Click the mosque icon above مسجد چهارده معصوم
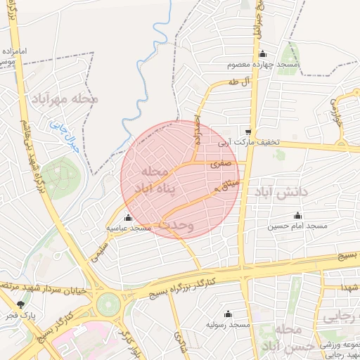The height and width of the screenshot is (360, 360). click(263, 55)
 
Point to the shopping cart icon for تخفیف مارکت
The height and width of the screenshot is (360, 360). click(248, 131)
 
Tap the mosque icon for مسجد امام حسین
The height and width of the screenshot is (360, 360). click(297, 215)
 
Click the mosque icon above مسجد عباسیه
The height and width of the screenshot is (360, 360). click(128, 217)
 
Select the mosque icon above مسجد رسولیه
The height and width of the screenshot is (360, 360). click(227, 314)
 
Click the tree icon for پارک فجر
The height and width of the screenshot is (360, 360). click(20, 304)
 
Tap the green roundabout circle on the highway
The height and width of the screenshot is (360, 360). click(109, 304)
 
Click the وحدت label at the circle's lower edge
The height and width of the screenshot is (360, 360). click(176, 225)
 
